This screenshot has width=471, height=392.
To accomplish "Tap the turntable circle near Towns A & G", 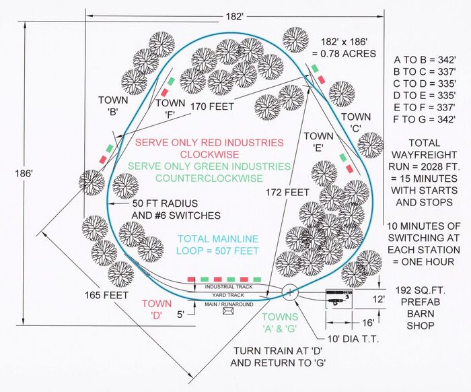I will point(289,293).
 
